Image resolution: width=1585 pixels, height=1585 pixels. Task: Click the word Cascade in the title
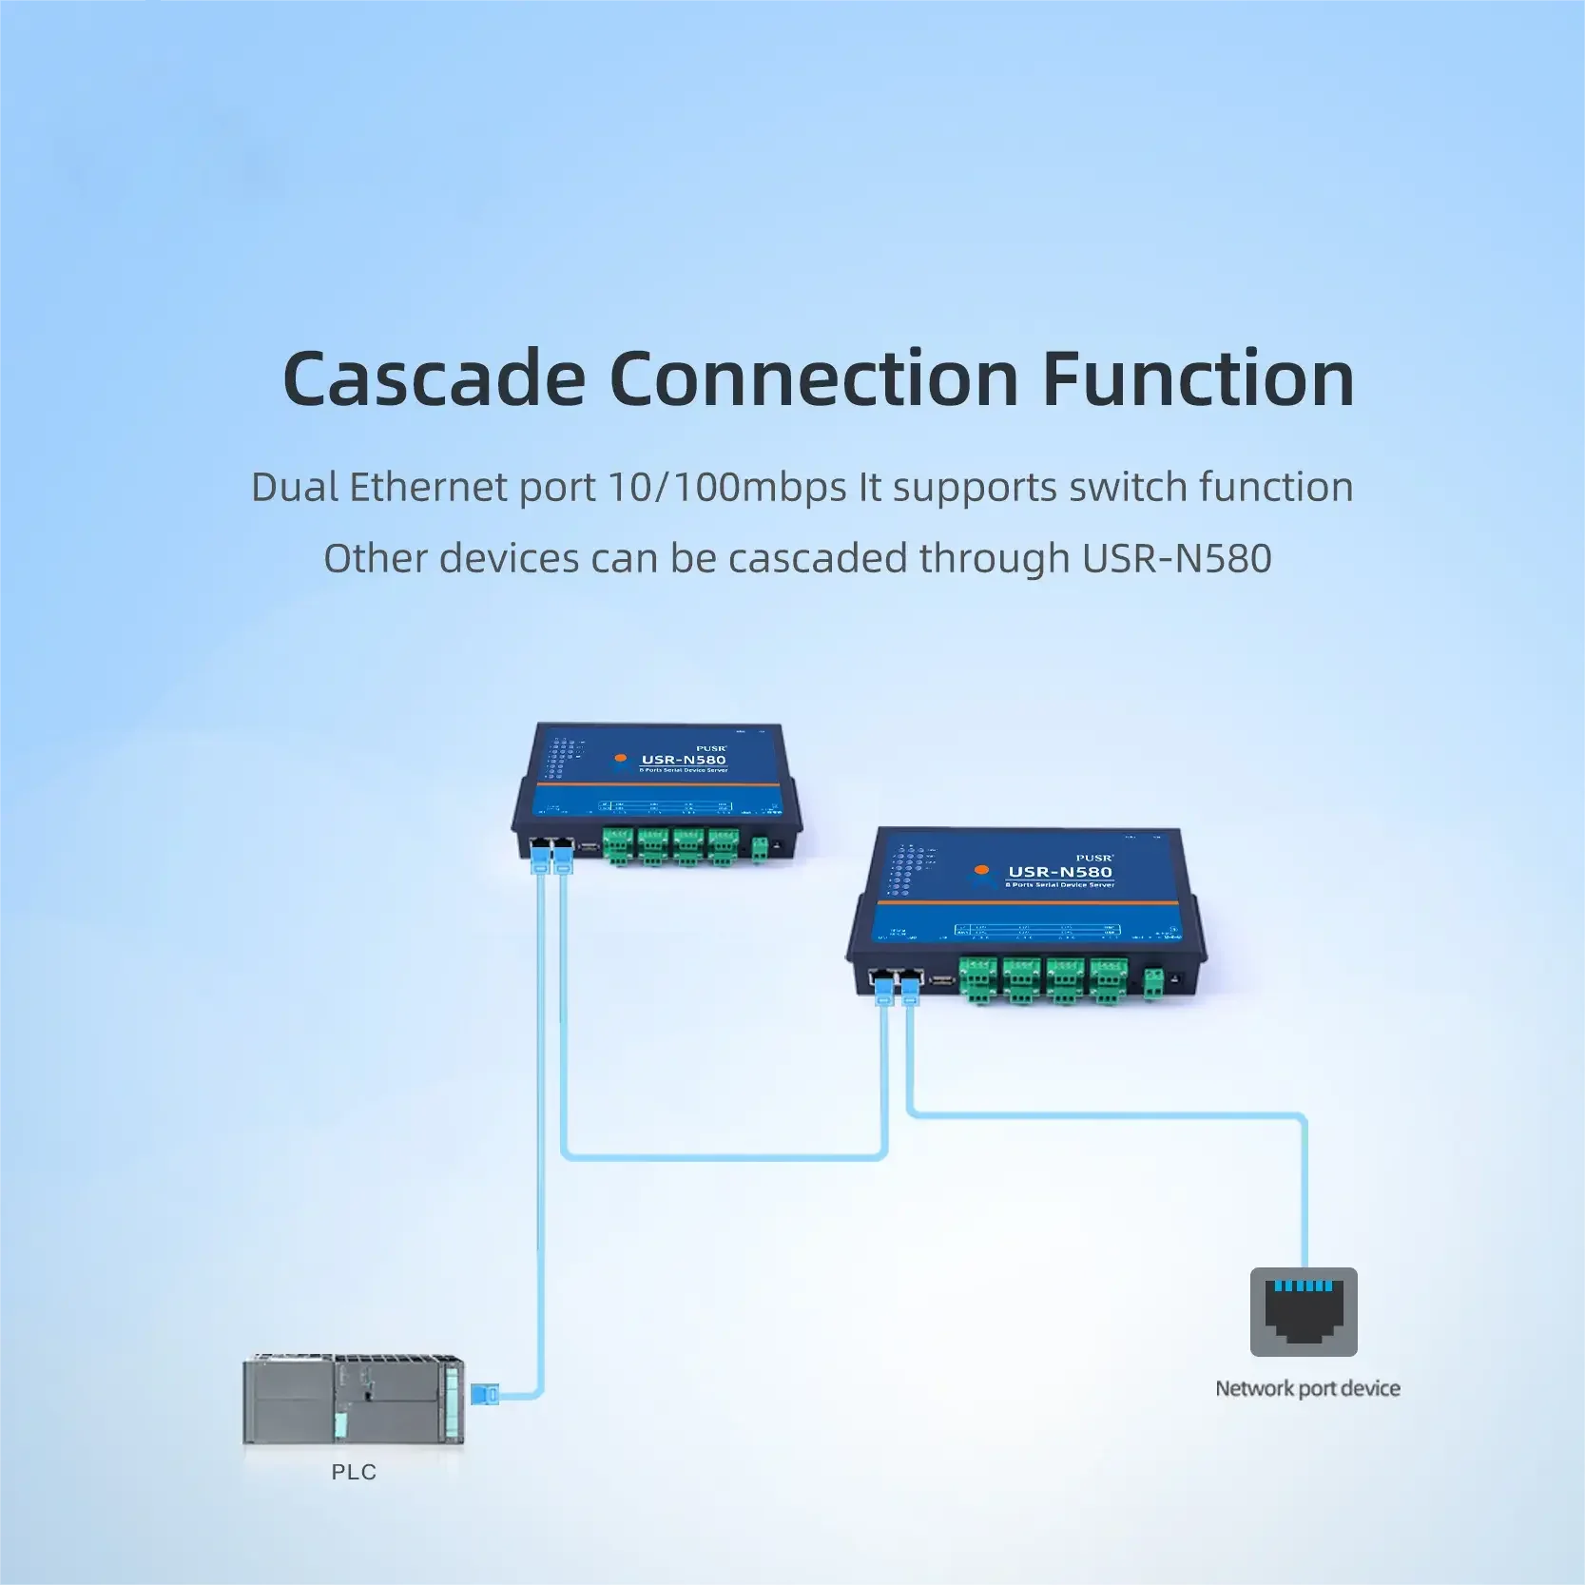[x=434, y=379]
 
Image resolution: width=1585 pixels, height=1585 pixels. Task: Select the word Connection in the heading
[x=814, y=379]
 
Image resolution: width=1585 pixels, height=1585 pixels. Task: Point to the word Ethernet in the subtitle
[x=429, y=487]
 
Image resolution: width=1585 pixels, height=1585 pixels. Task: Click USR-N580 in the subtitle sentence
[x=1177, y=558]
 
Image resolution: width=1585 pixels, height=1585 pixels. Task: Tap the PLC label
[x=354, y=1472]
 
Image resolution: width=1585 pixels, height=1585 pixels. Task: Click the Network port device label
[x=1307, y=1388]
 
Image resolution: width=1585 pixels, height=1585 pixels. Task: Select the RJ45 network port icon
[x=1304, y=1311]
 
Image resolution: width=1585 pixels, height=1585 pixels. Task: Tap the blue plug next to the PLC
[x=484, y=1395]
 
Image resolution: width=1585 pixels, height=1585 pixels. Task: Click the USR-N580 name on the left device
[x=684, y=760]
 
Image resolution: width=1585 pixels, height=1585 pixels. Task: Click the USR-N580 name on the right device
[x=1060, y=872]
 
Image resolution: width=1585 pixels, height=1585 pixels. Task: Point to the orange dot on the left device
[x=621, y=758]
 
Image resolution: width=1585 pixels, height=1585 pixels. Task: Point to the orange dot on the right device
[x=982, y=869]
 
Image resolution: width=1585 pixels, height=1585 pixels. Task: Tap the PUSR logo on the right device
[x=1093, y=858]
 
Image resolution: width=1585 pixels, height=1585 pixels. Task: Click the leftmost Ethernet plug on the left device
[x=541, y=860]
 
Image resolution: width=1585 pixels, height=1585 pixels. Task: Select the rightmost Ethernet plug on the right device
[x=911, y=991]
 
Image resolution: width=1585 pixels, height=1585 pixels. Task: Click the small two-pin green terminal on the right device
[x=1153, y=983]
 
